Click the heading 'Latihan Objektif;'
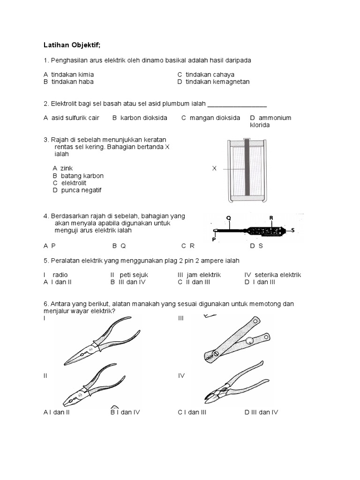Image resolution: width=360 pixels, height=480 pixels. click(x=72, y=45)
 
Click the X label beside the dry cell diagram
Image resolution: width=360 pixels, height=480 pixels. click(x=214, y=168)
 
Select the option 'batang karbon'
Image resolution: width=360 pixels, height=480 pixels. click(x=82, y=176)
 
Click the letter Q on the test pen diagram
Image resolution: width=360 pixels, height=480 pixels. click(x=229, y=218)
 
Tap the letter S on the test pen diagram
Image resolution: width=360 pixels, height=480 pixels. click(x=292, y=230)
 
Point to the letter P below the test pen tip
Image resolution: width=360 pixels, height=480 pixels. click(x=214, y=239)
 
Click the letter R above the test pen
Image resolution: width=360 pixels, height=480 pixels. click(x=271, y=218)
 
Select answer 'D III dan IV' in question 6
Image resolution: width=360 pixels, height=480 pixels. click(x=261, y=412)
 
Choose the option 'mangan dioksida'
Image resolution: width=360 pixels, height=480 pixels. click(x=215, y=118)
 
